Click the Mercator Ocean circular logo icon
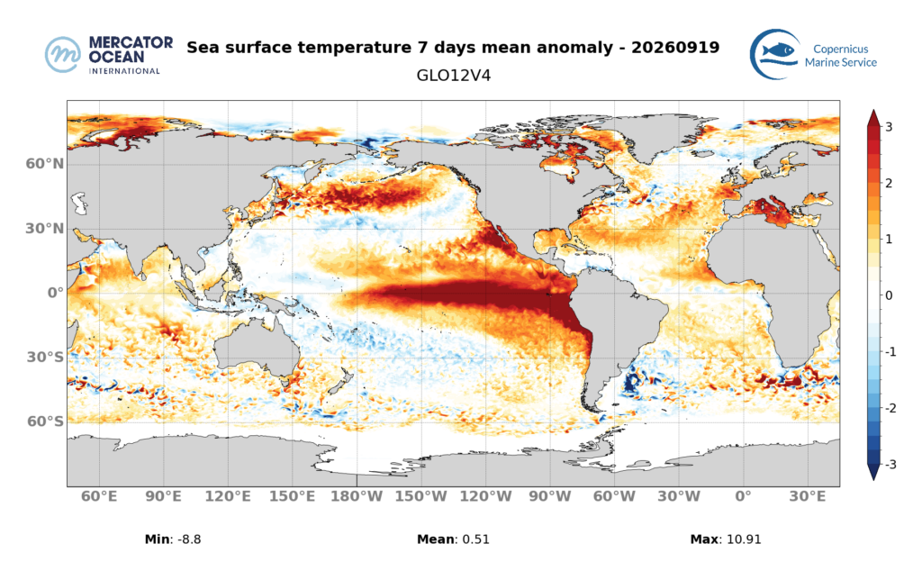click(x=63, y=55)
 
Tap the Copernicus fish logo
click(x=775, y=53)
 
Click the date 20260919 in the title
click(x=675, y=47)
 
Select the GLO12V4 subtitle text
click(x=454, y=76)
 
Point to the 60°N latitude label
click(x=45, y=164)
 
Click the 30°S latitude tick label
click(x=45, y=357)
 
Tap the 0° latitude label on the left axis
click(x=55, y=293)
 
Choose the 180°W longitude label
click(x=357, y=496)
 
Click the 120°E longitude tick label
click(x=228, y=496)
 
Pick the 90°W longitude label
click(x=550, y=496)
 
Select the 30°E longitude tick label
click(x=808, y=496)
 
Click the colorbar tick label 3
click(x=889, y=127)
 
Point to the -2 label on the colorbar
click(x=890, y=408)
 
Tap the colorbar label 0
click(x=889, y=295)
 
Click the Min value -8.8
click(x=189, y=539)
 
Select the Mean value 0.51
click(x=475, y=539)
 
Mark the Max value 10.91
click(x=743, y=539)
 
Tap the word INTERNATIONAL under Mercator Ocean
click(x=124, y=71)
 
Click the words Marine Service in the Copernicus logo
click(x=840, y=62)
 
